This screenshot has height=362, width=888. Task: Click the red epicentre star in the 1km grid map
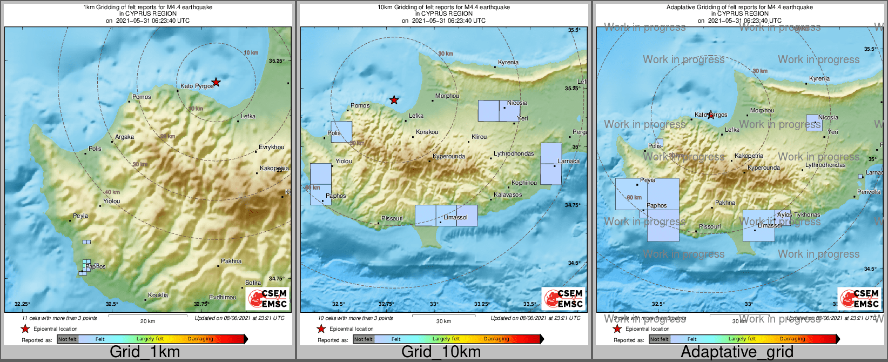(216, 82)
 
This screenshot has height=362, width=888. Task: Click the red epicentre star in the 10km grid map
(394, 100)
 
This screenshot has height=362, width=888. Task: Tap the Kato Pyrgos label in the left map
(197, 86)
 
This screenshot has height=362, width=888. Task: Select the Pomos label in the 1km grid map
(142, 97)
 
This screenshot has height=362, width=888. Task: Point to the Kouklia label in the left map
(158, 295)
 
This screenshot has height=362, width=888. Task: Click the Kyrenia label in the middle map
(508, 62)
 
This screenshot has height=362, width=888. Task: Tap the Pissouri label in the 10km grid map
(392, 218)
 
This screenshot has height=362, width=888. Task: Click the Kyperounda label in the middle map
(449, 157)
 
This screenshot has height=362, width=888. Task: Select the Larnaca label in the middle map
(568, 161)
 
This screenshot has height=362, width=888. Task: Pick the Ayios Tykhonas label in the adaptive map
(798, 214)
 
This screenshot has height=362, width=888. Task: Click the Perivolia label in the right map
(869, 192)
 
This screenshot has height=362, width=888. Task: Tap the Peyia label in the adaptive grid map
(647, 180)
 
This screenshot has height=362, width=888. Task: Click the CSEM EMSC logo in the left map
(268, 298)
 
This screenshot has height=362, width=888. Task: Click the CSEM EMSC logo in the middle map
(564, 298)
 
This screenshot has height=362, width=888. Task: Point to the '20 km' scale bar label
(147, 321)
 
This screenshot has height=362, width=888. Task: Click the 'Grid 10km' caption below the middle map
(441, 352)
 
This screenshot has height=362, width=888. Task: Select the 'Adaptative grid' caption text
(737, 352)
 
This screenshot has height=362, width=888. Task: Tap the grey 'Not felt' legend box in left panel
(68, 339)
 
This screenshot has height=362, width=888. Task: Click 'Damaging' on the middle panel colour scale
(496, 339)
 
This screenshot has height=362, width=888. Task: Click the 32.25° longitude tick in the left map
(22, 304)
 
